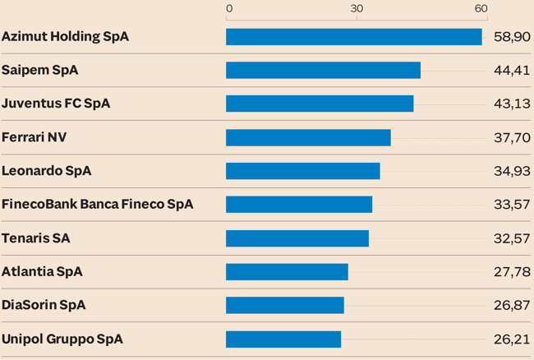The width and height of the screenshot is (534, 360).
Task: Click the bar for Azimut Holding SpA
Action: pos(354,37)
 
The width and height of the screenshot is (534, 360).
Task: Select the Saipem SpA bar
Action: pos(323,71)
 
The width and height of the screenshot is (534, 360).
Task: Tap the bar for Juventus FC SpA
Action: pos(320,104)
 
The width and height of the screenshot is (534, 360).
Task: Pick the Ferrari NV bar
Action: pos(308,137)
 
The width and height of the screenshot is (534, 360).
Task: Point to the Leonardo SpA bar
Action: pos(302,171)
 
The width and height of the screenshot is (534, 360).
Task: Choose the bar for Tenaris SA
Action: pos(297,238)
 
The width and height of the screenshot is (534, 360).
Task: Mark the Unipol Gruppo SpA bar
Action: pos(283,339)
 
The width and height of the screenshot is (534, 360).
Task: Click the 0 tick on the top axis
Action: pos(229,8)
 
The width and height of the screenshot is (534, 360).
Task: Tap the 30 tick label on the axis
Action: pos(357,8)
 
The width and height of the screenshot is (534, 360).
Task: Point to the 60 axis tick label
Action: pos(481,8)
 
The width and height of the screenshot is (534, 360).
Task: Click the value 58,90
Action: pos(512,37)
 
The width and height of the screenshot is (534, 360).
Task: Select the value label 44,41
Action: pos(512,71)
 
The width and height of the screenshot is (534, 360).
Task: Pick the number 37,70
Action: pos(512,137)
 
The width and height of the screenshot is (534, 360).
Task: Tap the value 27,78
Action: pos(512,272)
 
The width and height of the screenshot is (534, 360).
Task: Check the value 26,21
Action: pos(512,339)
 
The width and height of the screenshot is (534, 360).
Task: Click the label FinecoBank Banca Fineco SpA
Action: pos(97,205)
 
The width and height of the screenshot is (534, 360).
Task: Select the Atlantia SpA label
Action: pos(42,272)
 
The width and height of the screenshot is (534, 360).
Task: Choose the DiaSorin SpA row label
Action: pos(44,305)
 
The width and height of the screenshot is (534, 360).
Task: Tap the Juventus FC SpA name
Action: pos(56,104)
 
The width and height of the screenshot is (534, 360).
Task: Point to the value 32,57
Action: pos(512,238)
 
